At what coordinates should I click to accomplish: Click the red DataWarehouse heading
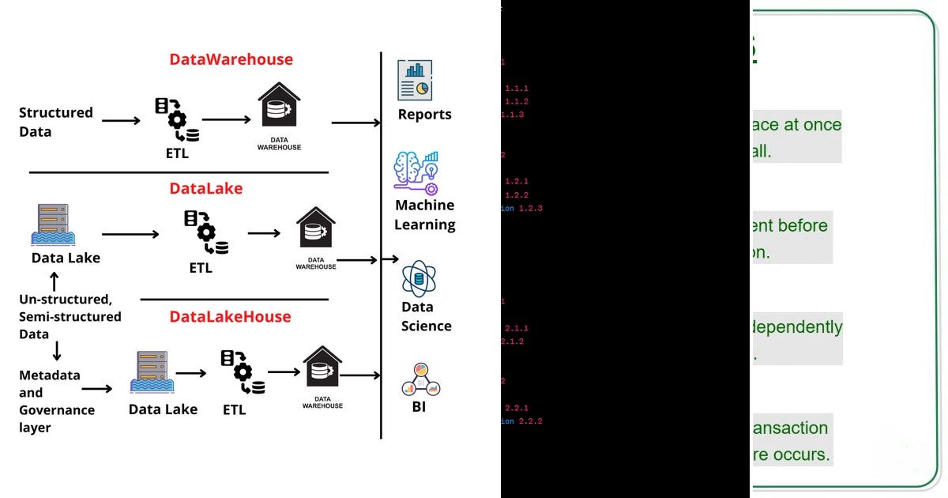(231, 59)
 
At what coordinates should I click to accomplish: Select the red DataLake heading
(205, 189)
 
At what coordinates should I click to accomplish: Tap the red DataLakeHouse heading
(230, 317)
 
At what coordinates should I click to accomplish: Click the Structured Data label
(55, 122)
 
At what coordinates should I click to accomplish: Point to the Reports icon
(415, 80)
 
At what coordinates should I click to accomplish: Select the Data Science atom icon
(419, 279)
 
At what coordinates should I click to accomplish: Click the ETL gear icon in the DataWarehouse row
(176, 119)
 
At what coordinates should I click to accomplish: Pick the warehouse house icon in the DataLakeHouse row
(322, 368)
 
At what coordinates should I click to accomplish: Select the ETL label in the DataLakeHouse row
(234, 409)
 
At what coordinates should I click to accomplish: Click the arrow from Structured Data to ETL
(121, 121)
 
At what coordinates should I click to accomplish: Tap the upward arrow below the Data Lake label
(54, 281)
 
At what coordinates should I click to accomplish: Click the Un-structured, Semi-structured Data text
(70, 316)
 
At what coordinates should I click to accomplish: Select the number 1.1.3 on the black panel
(512, 115)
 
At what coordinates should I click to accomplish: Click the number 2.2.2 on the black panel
(530, 421)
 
